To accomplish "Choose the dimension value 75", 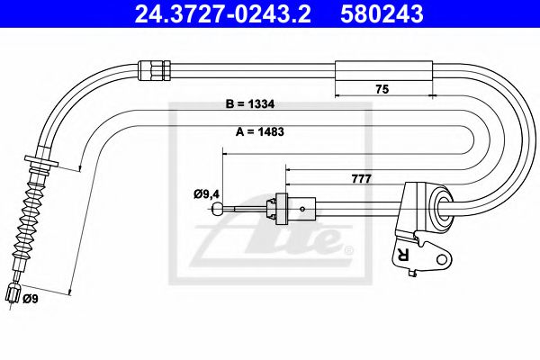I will tap(383, 89).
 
